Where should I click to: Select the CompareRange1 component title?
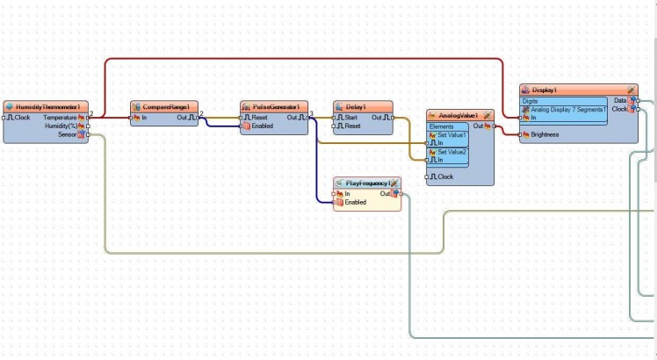click(167, 106)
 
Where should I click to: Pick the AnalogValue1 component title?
click(458, 116)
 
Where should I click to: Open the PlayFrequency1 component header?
click(367, 183)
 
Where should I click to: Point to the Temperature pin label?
click(60, 117)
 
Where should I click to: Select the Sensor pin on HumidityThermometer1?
click(68, 135)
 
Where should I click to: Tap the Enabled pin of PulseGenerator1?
click(262, 126)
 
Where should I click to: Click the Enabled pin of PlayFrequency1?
click(355, 203)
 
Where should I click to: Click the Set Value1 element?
click(452, 135)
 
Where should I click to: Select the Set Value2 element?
click(452, 152)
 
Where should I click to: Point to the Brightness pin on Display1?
click(545, 135)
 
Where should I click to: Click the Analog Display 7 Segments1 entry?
click(567, 110)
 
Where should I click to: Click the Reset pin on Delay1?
click(351, 126)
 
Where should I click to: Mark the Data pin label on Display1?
click(620, 101)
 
